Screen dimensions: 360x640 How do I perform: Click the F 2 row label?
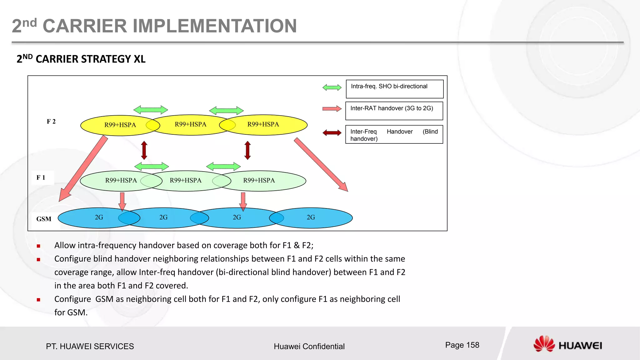pos(51,122)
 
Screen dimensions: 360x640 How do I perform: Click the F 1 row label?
pos(41,177)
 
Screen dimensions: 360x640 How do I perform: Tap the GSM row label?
pos(44,219)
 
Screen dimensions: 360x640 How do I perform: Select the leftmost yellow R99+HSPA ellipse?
pos(116,125)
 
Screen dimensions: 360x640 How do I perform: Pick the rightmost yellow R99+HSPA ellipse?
pos(267,125)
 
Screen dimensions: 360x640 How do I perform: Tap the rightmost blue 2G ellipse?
pos(316,218)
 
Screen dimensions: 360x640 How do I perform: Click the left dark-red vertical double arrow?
pos(144,150)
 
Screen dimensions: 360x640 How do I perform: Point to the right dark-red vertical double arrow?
pos(247,150)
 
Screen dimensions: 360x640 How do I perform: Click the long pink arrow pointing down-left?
pos(83,169)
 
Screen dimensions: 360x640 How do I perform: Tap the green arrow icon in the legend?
pos(332,87)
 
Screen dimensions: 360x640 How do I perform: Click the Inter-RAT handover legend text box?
pos(394,111)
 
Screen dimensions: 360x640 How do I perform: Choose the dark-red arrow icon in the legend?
pos(332,133)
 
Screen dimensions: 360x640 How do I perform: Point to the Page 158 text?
pos(462,345)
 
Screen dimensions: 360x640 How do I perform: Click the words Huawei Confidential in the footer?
pos(309,346)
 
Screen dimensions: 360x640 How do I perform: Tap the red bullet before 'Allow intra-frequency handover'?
pos(38,246)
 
